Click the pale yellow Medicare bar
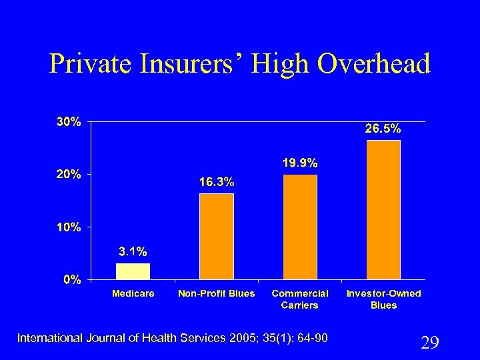(133, 271)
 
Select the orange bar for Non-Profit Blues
(217, 237)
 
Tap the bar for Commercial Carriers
(300, 227)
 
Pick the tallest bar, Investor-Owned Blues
(383, 210)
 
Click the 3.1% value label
(133, 252)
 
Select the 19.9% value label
(300, 162)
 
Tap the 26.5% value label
(383, 128)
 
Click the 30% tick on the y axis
(69, 122)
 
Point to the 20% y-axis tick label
(69, 175)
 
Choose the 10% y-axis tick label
(69, 227)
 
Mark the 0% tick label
(72, 280)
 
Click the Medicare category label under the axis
(133, 293)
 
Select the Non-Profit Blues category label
(217, 293)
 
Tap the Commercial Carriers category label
(300, 299)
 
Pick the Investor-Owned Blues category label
(383, 299)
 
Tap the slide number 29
(430, 343)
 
